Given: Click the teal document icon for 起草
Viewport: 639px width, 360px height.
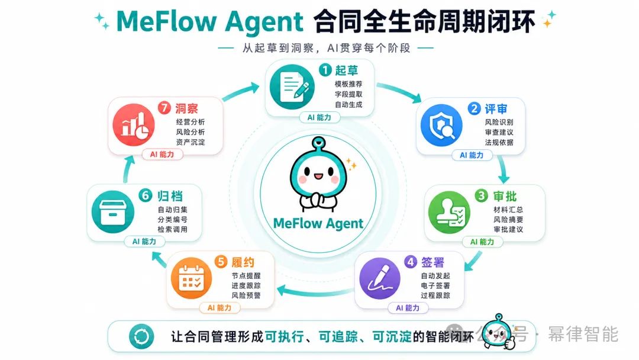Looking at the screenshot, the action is (x=292, y=86).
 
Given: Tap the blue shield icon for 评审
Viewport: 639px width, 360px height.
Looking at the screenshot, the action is (x=441, y=125).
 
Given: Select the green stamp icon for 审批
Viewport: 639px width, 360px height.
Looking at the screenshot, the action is (x=449, y=212).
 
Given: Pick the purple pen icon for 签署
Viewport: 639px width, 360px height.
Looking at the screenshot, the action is (x=380, y=279).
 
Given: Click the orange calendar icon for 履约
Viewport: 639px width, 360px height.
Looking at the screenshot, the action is (x=191, y=279).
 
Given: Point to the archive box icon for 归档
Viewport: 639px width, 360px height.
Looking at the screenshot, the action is (x=113, y=212).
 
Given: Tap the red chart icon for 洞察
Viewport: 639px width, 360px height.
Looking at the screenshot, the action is (x=134, y=125).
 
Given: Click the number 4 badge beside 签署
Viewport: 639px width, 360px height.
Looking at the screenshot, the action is (x=411, y=262).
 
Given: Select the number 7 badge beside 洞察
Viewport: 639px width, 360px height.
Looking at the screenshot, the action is (x=164, y=108).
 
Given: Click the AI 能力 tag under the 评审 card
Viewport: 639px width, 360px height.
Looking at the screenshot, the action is (x=472, y=155).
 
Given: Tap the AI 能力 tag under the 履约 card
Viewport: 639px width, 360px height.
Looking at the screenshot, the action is (x=220, y=308).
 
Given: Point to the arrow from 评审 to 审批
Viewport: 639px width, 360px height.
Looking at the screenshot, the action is (x=504, y=169).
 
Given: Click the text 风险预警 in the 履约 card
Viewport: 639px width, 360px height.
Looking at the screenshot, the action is (x=246, y=295).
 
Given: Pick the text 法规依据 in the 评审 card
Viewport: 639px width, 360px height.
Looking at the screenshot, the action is (x=499, y=142).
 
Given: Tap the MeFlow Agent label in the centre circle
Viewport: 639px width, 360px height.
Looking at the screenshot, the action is (x=318, y=223).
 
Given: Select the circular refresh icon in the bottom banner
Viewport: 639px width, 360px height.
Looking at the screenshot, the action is (x=141, y=337).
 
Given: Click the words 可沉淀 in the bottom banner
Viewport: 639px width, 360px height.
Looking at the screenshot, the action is (x=392, y=337).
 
